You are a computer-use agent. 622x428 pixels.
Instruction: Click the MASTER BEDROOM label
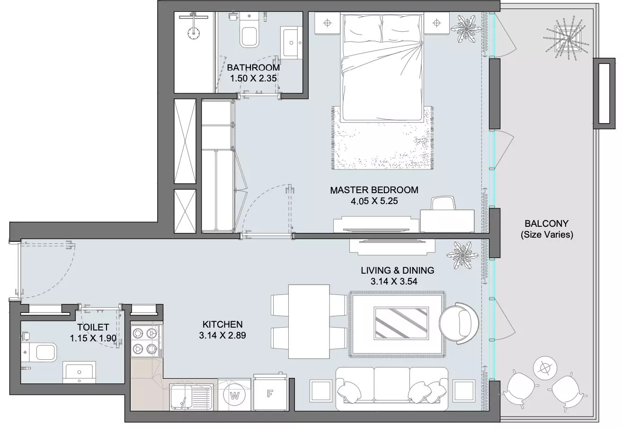point(374,190)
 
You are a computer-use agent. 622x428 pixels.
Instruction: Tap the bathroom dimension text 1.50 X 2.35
point(253,78)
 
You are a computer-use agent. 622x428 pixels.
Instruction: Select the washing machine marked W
point(235,395)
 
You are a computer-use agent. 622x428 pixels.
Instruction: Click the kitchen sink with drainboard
point(190,397)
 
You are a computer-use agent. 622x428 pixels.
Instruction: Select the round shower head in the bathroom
point(193,33)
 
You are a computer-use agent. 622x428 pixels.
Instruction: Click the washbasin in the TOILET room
point(79,372)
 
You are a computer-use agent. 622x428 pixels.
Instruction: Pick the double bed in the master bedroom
point(382,68)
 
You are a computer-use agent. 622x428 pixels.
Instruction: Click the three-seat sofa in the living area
point(392,389)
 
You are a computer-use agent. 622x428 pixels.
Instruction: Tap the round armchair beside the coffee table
point(459,323)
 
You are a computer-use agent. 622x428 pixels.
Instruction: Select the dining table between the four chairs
point(309,321)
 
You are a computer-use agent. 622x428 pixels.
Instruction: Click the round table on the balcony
point(545,368)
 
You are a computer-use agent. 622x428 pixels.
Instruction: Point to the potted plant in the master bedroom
point(466,29)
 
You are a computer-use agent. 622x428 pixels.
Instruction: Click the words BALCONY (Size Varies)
point(546,229)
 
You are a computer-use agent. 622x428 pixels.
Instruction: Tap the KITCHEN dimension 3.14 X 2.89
point(222,335)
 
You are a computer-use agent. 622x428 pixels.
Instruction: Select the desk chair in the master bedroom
point(443,203)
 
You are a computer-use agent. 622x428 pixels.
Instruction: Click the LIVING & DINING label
point(397,270)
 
